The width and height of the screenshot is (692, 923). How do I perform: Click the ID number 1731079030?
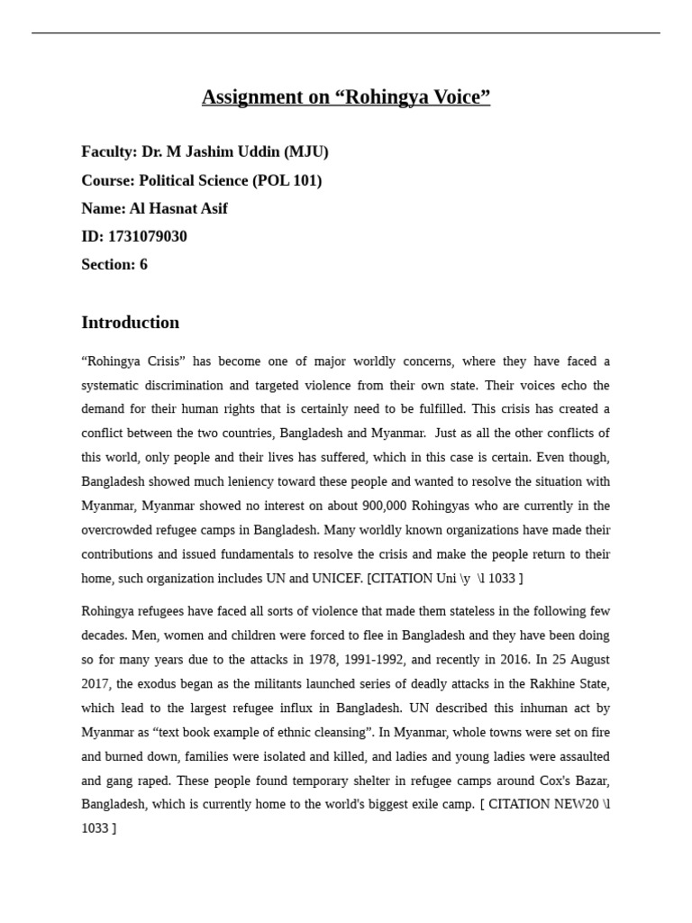[147, 236]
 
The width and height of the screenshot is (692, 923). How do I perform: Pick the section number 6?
[143, 264]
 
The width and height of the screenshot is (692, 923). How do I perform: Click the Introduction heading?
[131, 323]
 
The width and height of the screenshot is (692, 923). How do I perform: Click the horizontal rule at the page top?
[346, 33]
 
